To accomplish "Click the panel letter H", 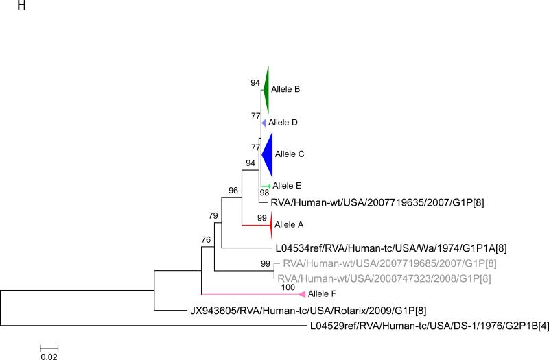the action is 22,5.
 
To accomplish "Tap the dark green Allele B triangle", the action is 266,90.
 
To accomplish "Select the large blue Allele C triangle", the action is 268,154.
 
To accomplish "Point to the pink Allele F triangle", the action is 303,294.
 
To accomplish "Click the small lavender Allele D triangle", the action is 264,123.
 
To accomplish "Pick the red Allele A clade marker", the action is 271,225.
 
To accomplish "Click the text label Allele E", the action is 287,185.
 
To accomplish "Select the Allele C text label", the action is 290,154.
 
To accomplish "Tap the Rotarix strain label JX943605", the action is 308,311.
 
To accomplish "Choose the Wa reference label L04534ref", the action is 391,248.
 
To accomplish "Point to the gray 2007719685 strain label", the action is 390,263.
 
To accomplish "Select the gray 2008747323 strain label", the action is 384,278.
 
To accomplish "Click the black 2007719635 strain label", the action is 377,202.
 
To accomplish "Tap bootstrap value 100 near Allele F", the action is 288,287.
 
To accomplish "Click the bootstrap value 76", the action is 206,239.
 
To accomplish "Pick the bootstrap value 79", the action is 213,216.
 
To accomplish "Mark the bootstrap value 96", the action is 233,191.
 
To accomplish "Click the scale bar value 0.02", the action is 49,357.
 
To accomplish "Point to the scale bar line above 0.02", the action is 49,348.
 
